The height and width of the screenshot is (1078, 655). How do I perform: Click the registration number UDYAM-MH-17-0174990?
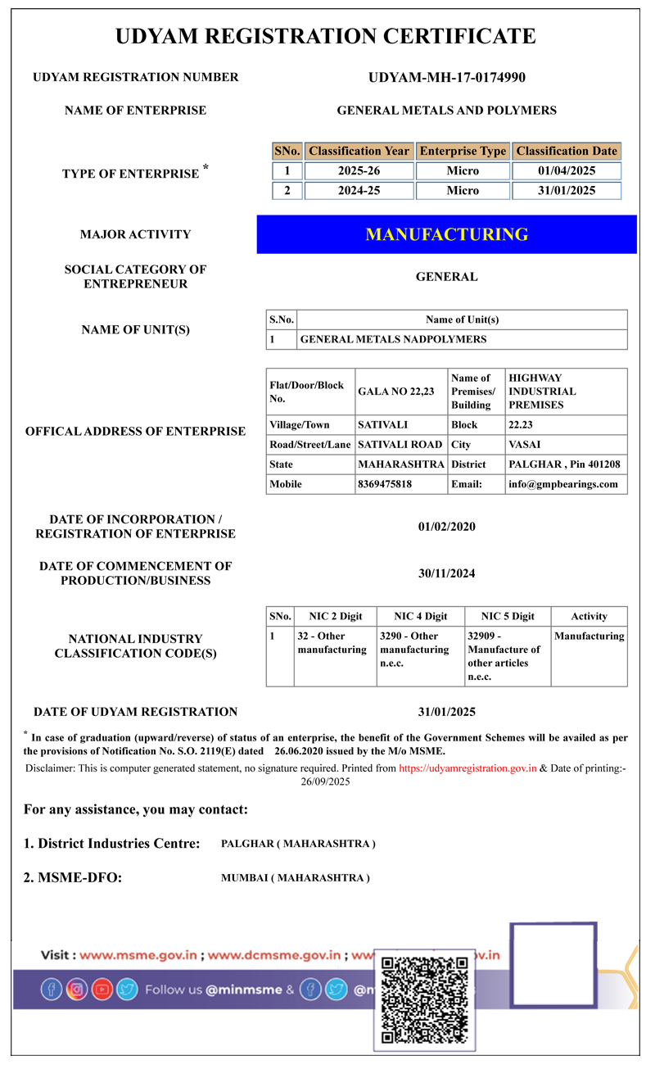coord(446,78)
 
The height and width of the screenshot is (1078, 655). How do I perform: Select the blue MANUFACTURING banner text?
coord(446,234)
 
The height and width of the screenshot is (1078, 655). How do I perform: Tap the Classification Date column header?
coord(567,152)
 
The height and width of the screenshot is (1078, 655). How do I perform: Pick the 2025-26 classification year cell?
coord(359,171)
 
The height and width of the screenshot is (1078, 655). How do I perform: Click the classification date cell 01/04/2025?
coord(567,171)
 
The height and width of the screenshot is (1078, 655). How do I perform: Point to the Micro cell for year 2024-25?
coord(463,191)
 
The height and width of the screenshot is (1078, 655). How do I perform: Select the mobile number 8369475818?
coord(385,484)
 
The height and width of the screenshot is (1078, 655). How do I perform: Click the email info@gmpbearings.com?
coord(563,484)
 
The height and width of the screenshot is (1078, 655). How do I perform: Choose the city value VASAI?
coord(525,445)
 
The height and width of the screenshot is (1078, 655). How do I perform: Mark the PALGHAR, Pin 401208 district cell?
coord(564,464)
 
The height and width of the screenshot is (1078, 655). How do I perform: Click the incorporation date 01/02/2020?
coord(446,527)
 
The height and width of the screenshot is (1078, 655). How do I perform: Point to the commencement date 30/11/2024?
coord(446,573)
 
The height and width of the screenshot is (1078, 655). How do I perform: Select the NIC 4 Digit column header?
coord(420,617)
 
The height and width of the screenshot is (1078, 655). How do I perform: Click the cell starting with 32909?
coord(506,656)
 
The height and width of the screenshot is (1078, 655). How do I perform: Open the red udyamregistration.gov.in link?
coord(468,768)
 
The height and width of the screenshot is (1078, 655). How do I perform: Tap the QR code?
coord(425,999)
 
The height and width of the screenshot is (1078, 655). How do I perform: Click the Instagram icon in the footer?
coord(77,990)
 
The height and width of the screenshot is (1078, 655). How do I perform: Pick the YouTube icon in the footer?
coord(102,990)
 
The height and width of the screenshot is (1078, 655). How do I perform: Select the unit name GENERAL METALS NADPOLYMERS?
coord(393,339)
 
